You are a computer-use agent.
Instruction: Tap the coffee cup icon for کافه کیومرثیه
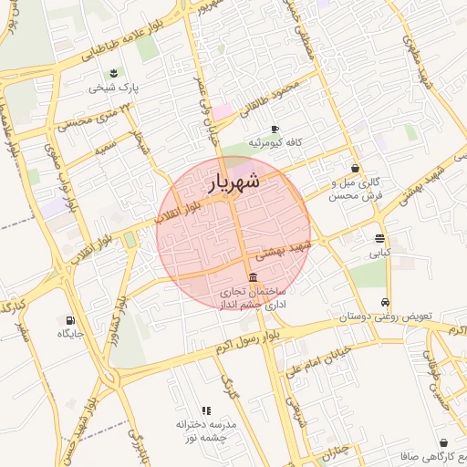pos(274,129)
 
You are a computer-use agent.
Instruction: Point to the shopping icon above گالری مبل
pos(356,168)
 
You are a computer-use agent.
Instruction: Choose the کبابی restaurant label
pos(379,253)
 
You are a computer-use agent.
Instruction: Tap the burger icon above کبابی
pos(379,238)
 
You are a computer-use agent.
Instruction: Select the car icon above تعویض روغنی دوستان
pos(386,302)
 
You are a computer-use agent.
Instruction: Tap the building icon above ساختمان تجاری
pos(252,277)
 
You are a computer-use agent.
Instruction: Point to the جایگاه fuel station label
pos(70,335)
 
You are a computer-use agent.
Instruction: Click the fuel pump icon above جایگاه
pos(70,320)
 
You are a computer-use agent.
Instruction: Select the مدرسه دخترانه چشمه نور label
pos(206,431)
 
